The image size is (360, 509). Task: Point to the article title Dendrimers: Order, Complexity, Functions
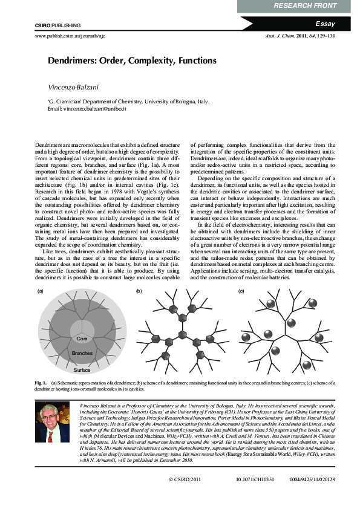pos(132,61)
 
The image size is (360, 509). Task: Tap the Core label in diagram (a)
pos(82,339)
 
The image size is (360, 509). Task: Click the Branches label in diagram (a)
pos(82,352)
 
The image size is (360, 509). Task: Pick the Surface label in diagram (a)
pos(82,369)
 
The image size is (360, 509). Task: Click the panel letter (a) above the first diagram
pos(41,291)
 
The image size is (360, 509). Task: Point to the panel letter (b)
pos(139,291)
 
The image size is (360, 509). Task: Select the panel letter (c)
pos(241,291)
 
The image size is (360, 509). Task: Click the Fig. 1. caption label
pos(41,383)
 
